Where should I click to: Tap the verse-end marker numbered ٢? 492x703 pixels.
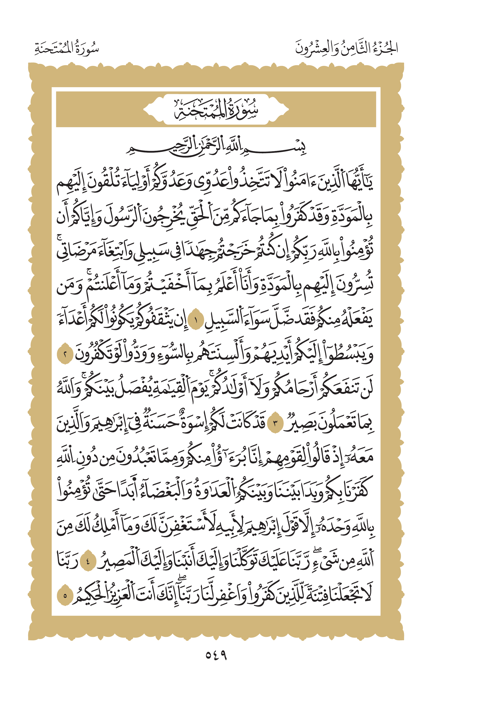tap(65, 355)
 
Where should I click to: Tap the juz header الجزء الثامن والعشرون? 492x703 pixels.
tap(346, 48)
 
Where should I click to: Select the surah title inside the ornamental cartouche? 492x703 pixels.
tap(216, 109)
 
